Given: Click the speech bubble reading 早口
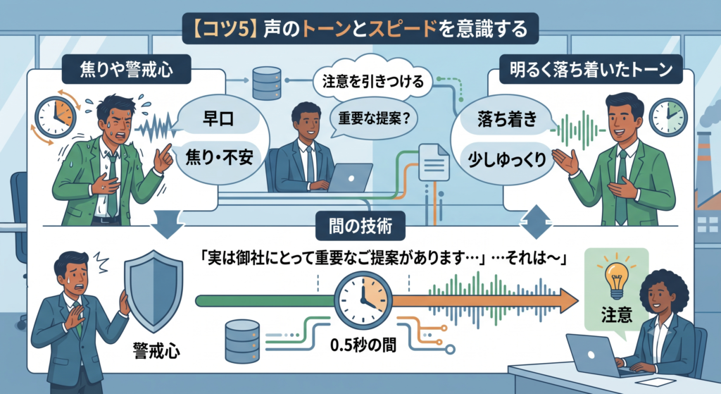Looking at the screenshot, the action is click(x=218, y=118).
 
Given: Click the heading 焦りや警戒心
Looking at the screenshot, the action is click(x=127, y=69).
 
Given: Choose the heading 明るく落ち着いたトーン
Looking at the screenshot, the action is click(x=591, y=69).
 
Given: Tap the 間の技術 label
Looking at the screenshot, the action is click(x=360, y=226).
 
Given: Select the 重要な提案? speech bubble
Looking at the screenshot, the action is click(x=373, y=118).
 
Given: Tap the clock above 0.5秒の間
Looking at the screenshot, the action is click(x=363, y=300).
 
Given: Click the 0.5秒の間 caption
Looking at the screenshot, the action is click(x=363, y=345).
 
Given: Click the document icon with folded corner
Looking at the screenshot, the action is click(x=434, y=163).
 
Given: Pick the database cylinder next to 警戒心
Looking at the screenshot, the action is click(x=242, y=341).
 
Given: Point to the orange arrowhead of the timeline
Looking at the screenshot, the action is click(x=568, y=301).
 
